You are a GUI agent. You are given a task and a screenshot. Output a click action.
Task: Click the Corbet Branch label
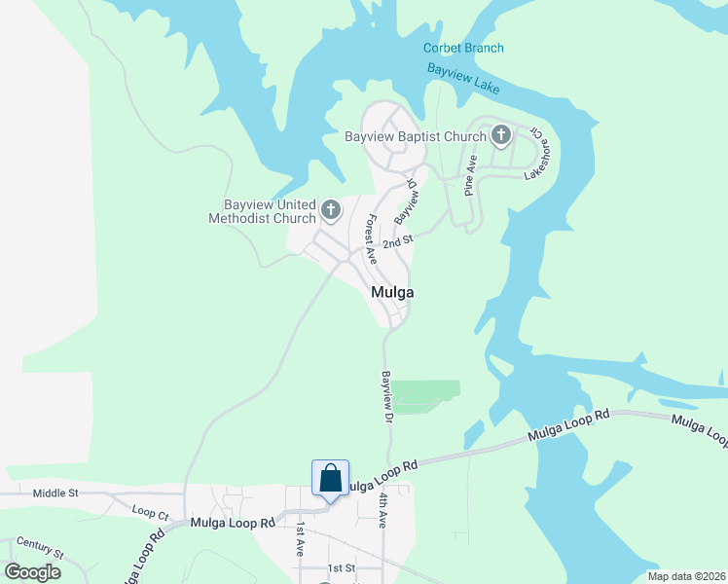pyautogui.click(x=463, y=49)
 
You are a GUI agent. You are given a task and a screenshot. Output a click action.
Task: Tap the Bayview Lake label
pyautogui.click(x=463, y=79)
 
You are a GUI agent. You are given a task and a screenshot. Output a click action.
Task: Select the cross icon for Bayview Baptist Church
pyautogui.click(x=501, y=135)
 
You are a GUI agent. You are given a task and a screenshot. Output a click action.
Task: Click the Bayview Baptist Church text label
pyautogui.click(x=415, y=137)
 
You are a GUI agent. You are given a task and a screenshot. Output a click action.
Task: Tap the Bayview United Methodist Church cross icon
pyautogui.click(x=331, y=209)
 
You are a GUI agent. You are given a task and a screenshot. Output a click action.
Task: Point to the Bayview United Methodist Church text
pyautogui.click(x=262, y=212)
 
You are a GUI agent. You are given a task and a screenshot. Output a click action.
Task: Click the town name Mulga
pyautogui.click(x=392, y=293)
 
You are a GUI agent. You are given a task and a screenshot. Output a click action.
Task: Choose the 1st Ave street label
pyautogui.click(x=302, y=538)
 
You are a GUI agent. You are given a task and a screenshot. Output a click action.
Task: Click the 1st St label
pyautogui.click(x=342, y=567)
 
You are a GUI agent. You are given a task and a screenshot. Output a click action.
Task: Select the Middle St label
pyautogui.click(x=55, y=493)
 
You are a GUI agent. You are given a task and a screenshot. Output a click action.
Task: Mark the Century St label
pyautogui.click(x=40, y=547)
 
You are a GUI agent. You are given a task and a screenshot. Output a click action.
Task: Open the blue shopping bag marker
pyautogui.click(x=330, y=479)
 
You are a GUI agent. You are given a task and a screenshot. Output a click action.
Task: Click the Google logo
pyautogui.click(x=32, y=571)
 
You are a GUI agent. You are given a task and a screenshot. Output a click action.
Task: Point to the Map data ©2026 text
pyautogui.click(x=685, y=576)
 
